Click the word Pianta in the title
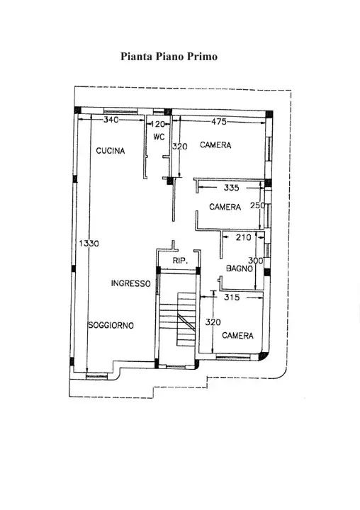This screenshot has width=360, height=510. click(x=136, y=56)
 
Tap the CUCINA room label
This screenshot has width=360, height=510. click(x=111, y=151)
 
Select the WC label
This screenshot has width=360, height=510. click(x=159, y=136)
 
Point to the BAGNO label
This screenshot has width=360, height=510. click(x=240, y=268)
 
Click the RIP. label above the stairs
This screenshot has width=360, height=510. click(x=180, y=262)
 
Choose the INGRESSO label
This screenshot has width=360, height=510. click(x=130, y=283)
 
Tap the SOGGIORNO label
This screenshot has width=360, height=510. click(x=111, y=325)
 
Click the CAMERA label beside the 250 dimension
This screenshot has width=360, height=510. click(x=225, y=207)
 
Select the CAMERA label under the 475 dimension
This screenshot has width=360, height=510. click(x=216, y=145)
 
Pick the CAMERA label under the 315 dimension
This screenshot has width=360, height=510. click(x=237, y=336)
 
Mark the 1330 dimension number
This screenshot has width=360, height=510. click(x=89, y=243)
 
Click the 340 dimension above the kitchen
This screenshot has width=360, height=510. click(x=111, y=120)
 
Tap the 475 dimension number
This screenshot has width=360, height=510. click(x=218, y=122)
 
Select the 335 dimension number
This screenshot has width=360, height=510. click(x=230, y=188)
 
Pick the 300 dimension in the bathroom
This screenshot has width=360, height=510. click(x=257, y=261)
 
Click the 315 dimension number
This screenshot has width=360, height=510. click(x=232, y=297)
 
